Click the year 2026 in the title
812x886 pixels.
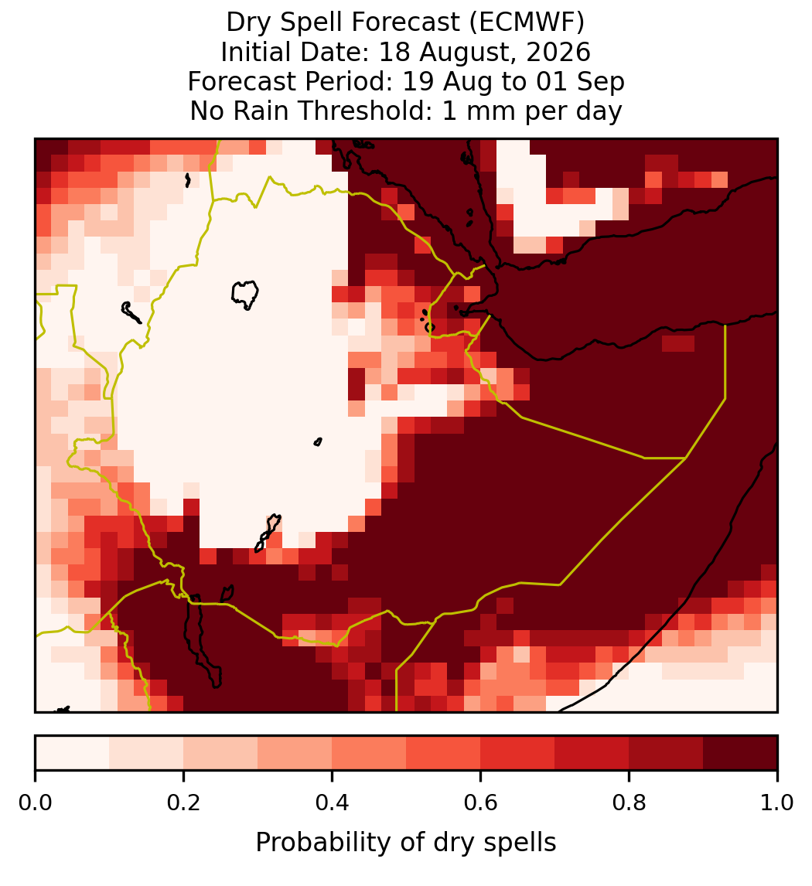(x=558, y=52)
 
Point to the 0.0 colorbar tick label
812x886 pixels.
(x=35, y=803)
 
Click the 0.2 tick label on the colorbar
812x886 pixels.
(x=183, y=803)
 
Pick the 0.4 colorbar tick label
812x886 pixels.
(x=333, y=803)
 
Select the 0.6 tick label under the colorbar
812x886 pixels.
(x=481, y=803)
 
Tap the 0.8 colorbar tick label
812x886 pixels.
(x=629, y=803)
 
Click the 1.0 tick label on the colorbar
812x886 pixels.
(x=777, y=803)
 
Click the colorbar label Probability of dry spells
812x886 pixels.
(x=406, y=843)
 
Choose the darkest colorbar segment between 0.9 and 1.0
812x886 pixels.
(x=740, y=753)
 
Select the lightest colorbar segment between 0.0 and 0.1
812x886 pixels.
(x=73, y=753)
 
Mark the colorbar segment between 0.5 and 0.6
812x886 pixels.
(x=444, y=753)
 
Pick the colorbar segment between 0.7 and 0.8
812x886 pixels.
(x=592, y=753)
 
